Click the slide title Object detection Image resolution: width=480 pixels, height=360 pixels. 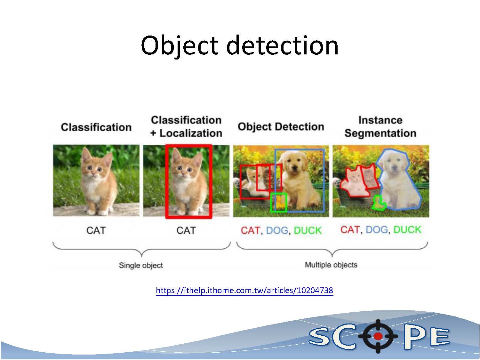point(240,46)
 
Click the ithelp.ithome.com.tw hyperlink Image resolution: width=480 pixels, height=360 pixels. point(244,290)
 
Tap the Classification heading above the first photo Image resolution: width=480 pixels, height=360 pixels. point(96,127)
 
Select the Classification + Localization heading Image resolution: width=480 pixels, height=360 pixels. point(186,126)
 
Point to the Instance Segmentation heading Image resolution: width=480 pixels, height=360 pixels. point(380,126)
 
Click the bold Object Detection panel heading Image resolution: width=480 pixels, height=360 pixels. point(281,127)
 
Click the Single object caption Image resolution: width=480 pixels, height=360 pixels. point(141,265)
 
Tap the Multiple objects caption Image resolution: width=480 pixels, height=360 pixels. point(331,265)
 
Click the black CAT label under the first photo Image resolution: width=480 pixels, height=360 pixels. point(96,230)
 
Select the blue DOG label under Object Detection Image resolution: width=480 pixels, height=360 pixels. point(277,230)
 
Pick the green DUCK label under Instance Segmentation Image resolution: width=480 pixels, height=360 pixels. point(407,229)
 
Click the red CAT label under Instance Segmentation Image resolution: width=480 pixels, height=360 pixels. point(350,229)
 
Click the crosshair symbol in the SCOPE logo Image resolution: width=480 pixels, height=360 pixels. point(378,336)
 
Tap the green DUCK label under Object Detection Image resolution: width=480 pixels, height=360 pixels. point(308,230)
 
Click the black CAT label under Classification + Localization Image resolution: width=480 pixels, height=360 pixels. point(186,230)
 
